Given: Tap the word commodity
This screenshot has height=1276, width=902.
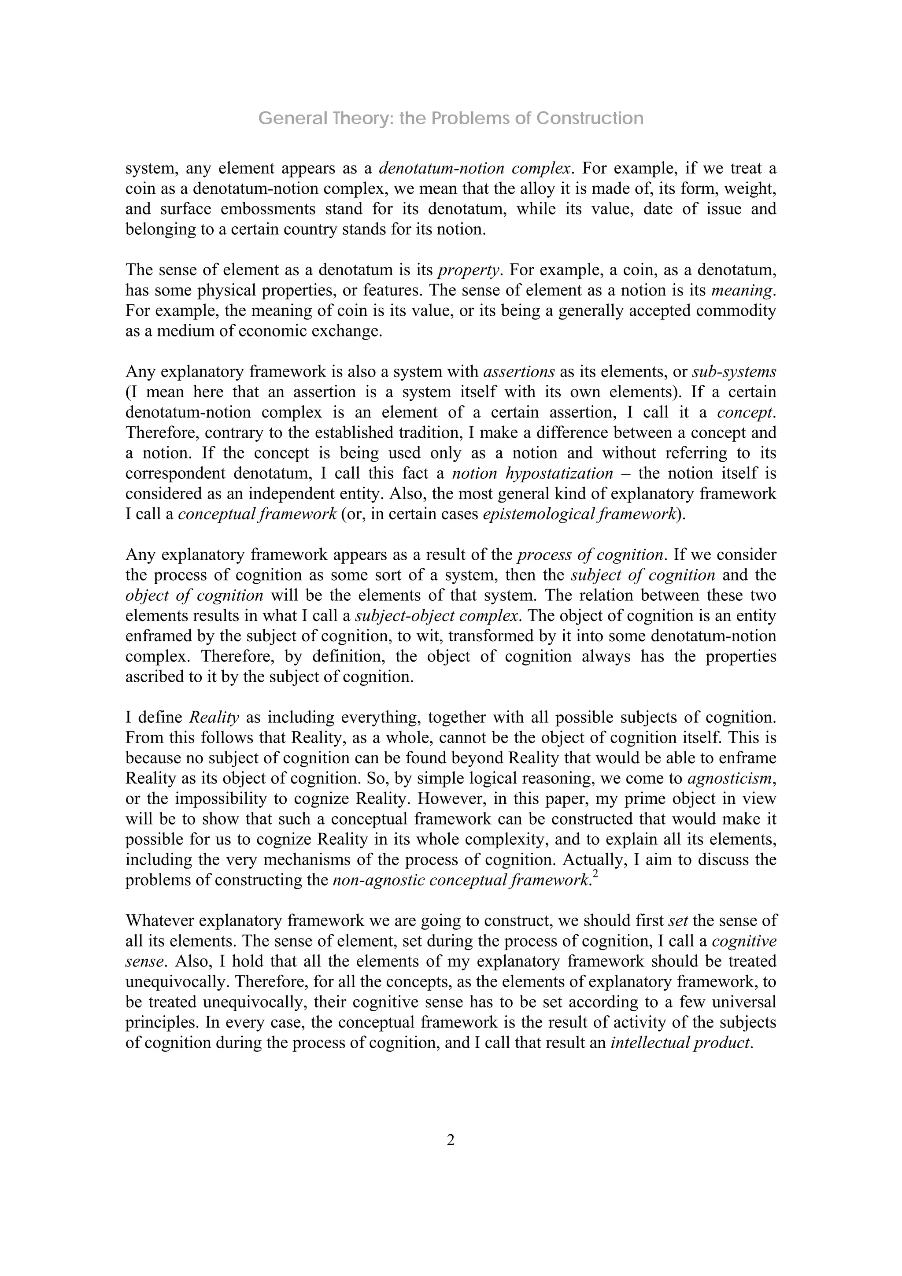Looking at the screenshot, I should (737, 311).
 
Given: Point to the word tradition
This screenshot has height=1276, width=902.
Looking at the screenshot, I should (429, 433).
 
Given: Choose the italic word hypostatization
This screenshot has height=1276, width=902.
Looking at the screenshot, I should (562, 473).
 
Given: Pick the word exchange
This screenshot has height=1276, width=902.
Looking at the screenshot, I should (348, 331).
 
